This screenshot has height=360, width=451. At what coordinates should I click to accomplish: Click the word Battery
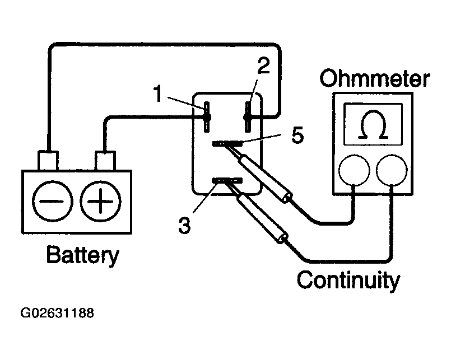(82, 255)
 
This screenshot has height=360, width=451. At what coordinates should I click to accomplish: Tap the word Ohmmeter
(374, 78)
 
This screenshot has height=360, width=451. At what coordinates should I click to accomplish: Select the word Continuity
(348, 280)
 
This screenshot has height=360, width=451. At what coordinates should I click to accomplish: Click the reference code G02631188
(57, 313)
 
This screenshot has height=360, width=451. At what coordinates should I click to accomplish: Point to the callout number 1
(157, 93)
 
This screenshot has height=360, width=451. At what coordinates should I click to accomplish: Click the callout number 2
(263, 66)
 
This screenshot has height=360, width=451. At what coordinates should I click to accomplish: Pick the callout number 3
(184, 225)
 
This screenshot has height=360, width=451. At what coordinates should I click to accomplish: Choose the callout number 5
(297, 135)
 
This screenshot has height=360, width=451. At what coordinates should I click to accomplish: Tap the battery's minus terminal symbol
(52, 201)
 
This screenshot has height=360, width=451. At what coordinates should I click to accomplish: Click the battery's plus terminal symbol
(100, 201)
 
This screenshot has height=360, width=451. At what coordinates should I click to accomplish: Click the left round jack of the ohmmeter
(354, 170)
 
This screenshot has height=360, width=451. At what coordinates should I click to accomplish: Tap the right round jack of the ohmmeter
(392, 170)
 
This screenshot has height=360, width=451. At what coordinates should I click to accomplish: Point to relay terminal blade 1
(207, 117)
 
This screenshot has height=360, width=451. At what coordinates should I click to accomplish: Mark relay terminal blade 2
(248, 117)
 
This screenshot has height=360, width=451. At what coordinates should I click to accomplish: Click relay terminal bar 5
(227, 143)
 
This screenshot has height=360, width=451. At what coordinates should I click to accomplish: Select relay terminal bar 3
(227, 181)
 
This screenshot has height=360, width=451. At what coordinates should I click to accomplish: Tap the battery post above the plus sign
(105, 161)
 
